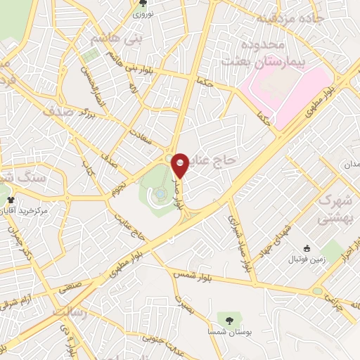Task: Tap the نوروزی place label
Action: [x=149, y=13]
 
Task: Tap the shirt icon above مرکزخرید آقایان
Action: [x=11, y=200]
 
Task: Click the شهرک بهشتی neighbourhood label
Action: [x=335, y=209]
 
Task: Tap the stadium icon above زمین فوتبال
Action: [x=307, y=248]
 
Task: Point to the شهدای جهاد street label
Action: [x=274, y=241]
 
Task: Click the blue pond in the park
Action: [x=161, y=191]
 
